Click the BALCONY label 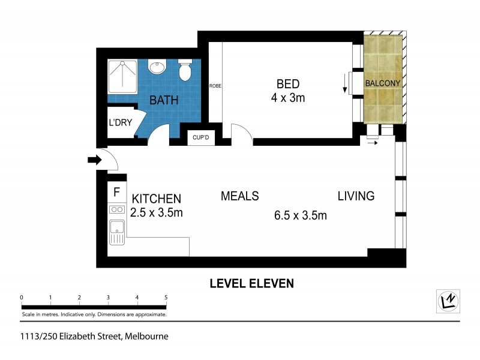click(384, 84)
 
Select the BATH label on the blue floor click(164, 100)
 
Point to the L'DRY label click(120, 122)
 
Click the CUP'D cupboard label click(200, 138)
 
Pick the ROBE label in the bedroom click(215, 86)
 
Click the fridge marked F click(117, 193)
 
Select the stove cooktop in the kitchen click(116, 210)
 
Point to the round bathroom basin click(158, 67)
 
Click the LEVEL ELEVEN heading click(251, 283)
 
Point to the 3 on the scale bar click(108, 298)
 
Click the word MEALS click(239, 196)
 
